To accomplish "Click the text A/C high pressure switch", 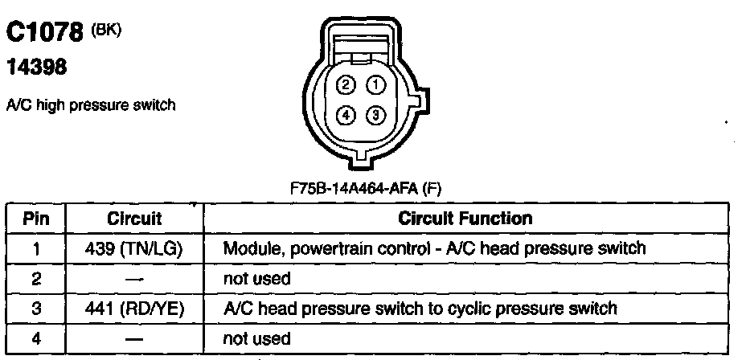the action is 90,104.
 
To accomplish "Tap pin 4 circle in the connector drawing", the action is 346,115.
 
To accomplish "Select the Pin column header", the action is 36,219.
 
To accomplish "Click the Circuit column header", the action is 134,219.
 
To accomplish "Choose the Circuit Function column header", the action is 465,219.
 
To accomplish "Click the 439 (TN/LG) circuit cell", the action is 134,248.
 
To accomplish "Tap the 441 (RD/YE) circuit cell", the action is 134,308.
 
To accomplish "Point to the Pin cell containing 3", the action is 36,308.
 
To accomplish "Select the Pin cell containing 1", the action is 36,248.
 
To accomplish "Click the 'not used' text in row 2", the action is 256,279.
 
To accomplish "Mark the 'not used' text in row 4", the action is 256,338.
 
